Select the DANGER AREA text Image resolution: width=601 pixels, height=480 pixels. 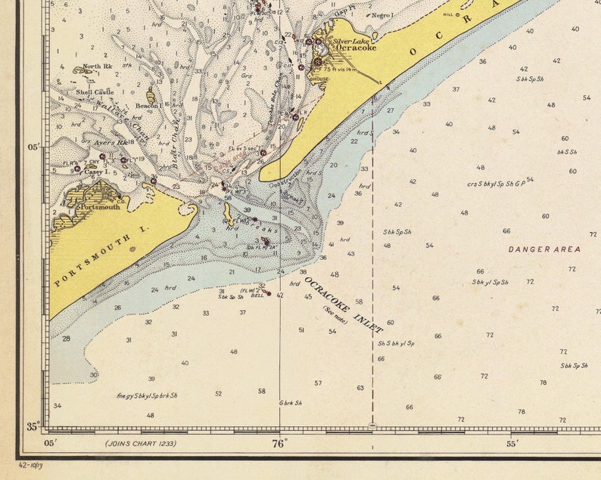click(543, 249)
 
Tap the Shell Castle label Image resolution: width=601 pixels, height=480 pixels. click(94, 92)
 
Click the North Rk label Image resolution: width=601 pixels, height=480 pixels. click(97, 67)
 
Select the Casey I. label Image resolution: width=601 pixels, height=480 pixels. click(93, 172)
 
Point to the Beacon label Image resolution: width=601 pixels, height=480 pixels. click(147, 107)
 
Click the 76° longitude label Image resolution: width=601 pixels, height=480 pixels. click(279, 444)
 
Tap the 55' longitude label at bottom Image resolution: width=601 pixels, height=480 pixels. click(512, 444)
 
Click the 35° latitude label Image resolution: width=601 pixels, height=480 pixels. click(33, 427)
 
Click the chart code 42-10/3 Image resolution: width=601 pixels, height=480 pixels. click(32, 466)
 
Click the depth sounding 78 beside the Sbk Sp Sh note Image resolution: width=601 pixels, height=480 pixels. click(543, 382)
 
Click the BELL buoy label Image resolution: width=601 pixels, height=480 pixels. click(247, 296)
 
